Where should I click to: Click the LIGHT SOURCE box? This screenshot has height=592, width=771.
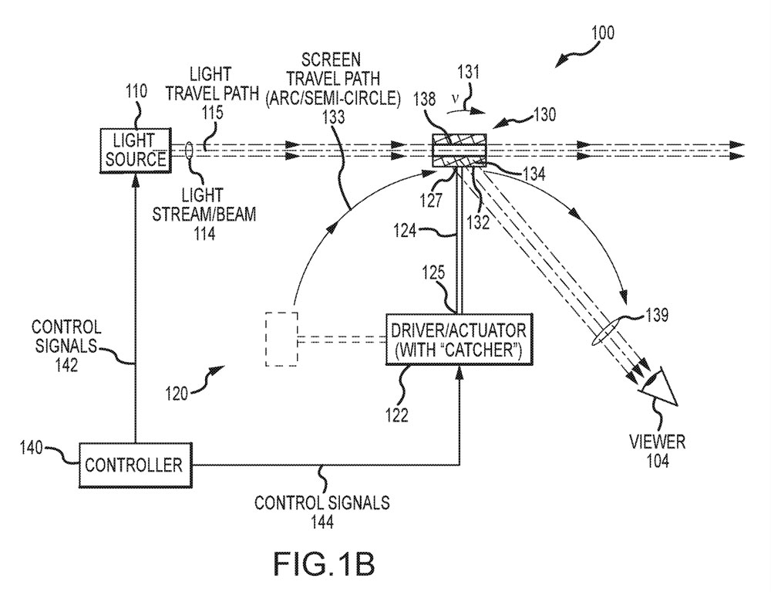click(136, 150)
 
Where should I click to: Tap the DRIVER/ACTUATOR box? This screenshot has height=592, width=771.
click(460, 340)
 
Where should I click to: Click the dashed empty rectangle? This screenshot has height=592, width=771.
click(281, 339)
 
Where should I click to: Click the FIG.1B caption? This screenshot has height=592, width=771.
click(324, 564)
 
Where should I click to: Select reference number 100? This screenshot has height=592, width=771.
click(603, 33)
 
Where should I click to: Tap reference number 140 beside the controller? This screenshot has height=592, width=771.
click(31, 448)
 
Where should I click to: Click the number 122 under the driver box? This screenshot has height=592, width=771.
click(396, 415)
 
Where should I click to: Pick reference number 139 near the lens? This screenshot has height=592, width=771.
click(656, 314)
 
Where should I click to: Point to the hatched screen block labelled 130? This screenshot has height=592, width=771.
click(459, 151)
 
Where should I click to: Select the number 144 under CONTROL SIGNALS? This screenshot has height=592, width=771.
click(322, 522)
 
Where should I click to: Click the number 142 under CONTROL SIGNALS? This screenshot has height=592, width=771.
click(66, 364)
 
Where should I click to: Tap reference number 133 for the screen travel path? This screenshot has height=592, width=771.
click(333, 117)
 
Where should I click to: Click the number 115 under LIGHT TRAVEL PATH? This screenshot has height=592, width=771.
click(212, 112)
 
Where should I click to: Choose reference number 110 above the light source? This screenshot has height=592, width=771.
click(136, 92)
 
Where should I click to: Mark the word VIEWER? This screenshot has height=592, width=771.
click(658, 441)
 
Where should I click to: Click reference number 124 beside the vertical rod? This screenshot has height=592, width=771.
click(405, 230)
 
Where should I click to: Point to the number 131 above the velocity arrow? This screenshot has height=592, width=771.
click(468, 73)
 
